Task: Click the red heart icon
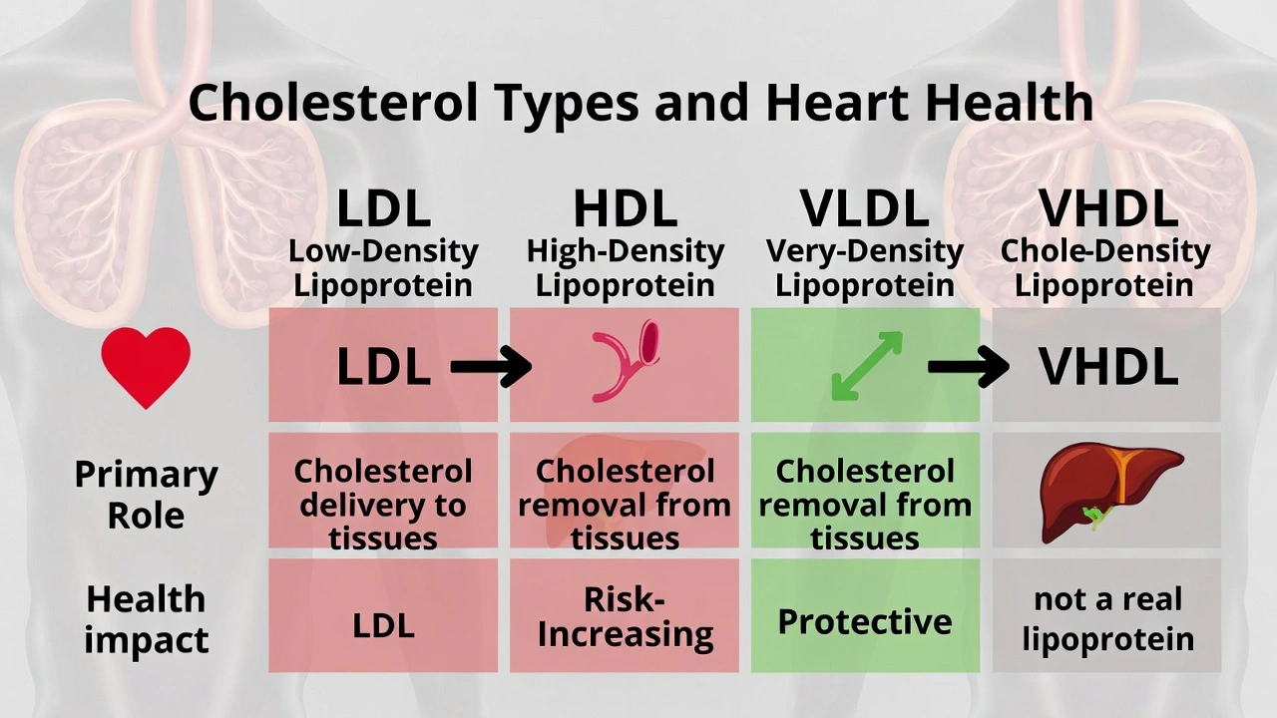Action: pyautogui.click(x=146, y=366)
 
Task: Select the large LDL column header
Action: pyautogui.click(x=383, y=208)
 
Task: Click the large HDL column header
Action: pyautogui.click(x=625, y=208)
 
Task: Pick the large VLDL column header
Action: pyautogui.click(x=864, y=208)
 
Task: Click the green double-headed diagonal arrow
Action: pyautogui.click(x=866, y=366)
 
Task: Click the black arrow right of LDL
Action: pyautogui.click(x=491, y=368)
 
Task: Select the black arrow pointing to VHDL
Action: pyautogui.click(x=968, y=368)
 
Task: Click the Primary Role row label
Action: pyautogui.click(x=146, y=495)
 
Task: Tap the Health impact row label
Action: pyautogui.click(x=146, y=619)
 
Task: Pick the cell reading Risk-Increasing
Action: pyautogui.click(x=625, y=617)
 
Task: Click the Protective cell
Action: pyautogui.click(x=864, y=621)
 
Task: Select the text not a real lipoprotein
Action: pyautogui.click(x=1107, y=619)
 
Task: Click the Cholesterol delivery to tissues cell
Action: pyautogui.click(x=383, y=505)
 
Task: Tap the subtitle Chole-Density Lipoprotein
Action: pyautogui.click(x=1105, y=268)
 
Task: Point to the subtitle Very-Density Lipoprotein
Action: pyautogui.click(x=864, y=268)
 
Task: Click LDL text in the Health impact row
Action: pyautogui.click(x=383, y=625)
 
